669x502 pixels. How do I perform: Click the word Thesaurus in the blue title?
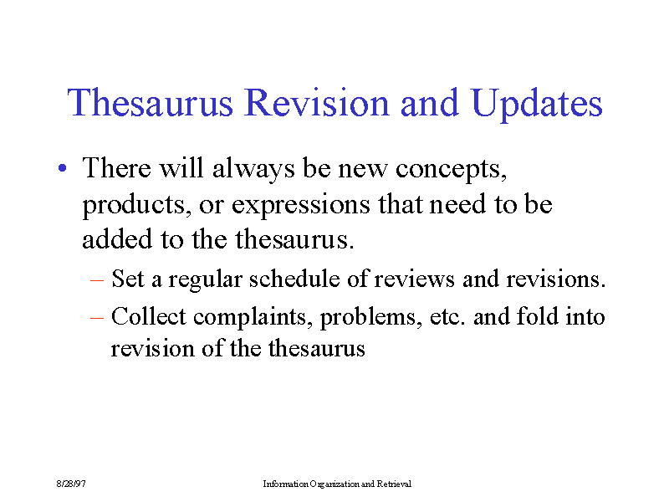(151, 102)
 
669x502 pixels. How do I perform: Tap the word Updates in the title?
(537, 105)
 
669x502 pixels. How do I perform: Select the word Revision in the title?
(317, 102)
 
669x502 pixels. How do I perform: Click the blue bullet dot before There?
(62, 168)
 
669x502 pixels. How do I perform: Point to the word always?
(253, 169)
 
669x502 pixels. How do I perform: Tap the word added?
(117, 238)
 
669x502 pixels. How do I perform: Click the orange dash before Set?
(97, 281)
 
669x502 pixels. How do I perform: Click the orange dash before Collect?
(97, 319)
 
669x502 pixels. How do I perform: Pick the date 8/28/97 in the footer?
(71, 484)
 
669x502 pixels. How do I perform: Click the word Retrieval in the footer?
(394, 484)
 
